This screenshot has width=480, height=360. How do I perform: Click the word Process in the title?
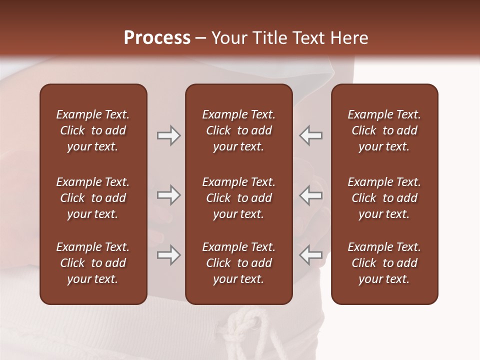click(x=157, y=38)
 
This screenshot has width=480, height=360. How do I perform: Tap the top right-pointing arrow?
click(x=168, y=135)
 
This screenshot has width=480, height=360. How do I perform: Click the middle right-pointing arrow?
click(x=168, y=195)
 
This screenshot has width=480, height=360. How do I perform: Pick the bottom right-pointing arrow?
click(x=168, y=255)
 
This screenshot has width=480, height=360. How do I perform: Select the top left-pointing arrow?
click(x=311, y=135)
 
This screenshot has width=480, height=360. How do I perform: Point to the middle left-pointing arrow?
click(x=311, y=195)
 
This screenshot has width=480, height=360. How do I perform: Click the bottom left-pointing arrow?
click(x=311, y=255)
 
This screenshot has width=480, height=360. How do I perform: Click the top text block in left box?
click(x=93, y=130)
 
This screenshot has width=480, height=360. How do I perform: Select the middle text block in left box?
click(x=93, y=198)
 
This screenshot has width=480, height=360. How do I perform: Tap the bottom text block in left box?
click(x=93, y=263)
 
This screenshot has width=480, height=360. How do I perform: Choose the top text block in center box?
click(x=238, y=130)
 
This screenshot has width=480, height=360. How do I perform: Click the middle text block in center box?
click(x=238, y=198)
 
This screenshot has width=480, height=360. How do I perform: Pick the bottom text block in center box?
click(x=238, y=263)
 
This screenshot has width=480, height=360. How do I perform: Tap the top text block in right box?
click(x=384, y=130)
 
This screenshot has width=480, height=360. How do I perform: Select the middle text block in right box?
click(x=384, y=198)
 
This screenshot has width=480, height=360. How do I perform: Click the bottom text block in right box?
click(x=384, y=263)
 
